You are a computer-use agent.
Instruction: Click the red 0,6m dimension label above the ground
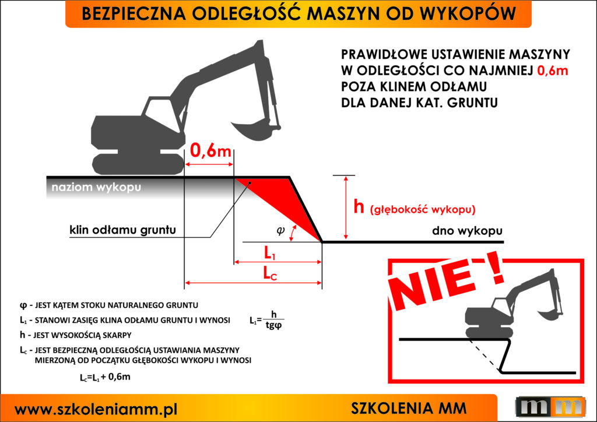pos(210,151)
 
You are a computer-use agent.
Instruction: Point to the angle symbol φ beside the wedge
pos(280,230)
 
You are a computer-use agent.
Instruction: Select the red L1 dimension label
pos(270,254)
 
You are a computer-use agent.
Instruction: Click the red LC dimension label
pos(270,273)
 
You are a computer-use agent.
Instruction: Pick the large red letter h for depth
pos(360,207)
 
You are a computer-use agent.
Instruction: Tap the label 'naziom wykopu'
pos(96,188)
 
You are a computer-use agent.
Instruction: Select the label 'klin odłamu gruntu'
pos(119,230)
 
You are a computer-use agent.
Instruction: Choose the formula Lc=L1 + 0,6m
pos(105,377)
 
